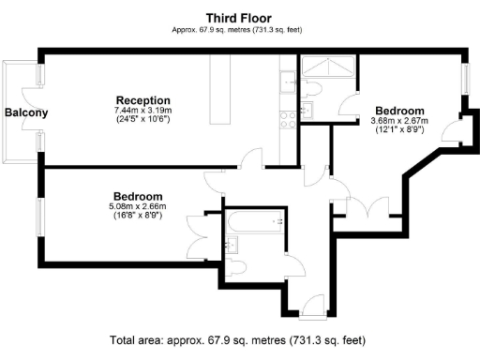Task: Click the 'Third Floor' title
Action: (x=240, y=17)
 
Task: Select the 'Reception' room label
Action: (x=142, y=100)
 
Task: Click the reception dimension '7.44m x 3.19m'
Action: (x=142, y=111)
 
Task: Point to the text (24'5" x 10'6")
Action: (x=142, y=120)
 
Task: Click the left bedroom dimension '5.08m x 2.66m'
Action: (x=137, y=206)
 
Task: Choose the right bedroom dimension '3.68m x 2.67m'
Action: (x=399, y=120)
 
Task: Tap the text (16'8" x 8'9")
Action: (x=137, y=216)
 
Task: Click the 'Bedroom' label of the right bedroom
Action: (x=399, y=109)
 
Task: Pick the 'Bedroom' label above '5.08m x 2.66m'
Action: (x=137, y=195)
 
